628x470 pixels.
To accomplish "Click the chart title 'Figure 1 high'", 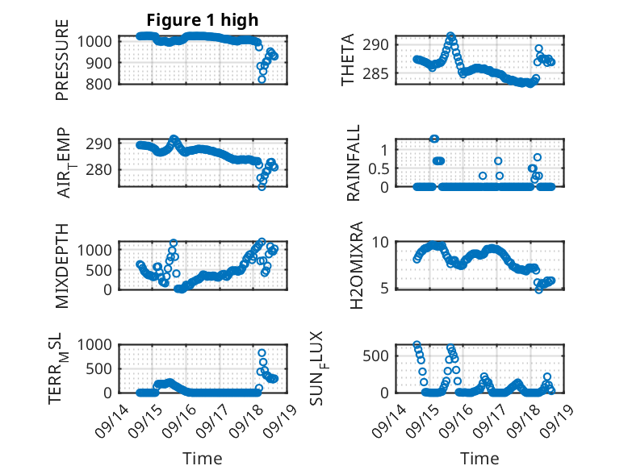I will (x=202, y=20).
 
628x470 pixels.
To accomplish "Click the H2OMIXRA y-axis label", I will (x=354, y=264).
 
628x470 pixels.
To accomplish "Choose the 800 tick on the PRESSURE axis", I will (x=101, y=84).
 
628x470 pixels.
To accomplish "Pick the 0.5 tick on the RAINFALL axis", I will (x=388, y=168).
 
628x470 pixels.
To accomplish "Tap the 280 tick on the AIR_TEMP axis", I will (x=101, y=170).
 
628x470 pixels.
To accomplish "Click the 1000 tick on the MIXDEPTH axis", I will (x=98, y=250).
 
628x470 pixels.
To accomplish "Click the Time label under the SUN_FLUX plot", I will (x=479, y=459).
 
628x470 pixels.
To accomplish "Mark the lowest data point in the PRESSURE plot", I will (x=262, y=79).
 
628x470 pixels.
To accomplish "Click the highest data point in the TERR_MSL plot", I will (x=262, y=352).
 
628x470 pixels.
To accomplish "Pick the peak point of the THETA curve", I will (x=450, y=36).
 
